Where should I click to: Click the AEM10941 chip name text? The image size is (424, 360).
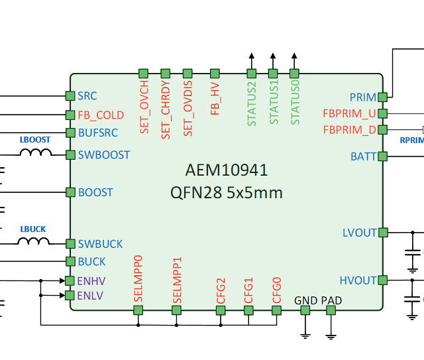(x=228, y=170)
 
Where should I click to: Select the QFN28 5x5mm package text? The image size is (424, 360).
(x=227, y=193)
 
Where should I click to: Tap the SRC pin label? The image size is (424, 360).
(x=87, y=96)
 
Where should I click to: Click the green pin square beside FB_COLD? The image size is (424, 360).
(x=70, y=115)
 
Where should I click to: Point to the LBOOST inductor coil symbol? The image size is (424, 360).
(x=36, y=154)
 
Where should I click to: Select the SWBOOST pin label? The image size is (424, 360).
(x=104, y=155)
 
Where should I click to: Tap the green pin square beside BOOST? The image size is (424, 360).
(x=70, y=192)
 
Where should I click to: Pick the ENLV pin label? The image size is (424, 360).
(x=91, y=296)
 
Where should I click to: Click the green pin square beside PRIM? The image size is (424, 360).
(x=382, y=97)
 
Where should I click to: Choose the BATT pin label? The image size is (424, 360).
(x=363, y=157)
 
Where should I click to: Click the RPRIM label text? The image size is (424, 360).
(x=411, y=140)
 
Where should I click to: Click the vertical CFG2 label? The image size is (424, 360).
(x=221, y=290)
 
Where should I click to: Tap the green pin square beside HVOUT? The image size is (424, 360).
(x=382, y=280)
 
